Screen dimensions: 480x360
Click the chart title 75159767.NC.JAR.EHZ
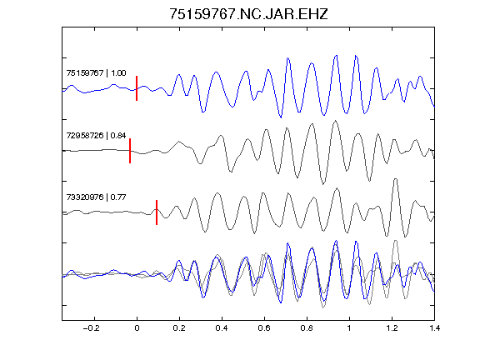[248, 14]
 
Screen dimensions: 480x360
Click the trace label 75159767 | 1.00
[96, 73]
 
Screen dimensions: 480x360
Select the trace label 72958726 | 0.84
[96, 135]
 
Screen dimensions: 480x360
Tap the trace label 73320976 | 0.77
[96, 197]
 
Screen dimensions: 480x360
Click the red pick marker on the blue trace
[137, 88]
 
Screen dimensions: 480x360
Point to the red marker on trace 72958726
[130, 151]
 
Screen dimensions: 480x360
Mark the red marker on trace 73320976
[157, 212]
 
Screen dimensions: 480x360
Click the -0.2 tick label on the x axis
[92, 328]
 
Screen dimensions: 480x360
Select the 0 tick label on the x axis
[137, 328]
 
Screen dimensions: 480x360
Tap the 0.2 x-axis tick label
[179, 328]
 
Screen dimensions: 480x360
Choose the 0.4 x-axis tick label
[222, 328]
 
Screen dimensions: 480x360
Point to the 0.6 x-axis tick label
[264, 328]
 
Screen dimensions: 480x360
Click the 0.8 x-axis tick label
[307, 328]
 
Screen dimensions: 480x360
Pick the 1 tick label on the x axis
[349, 328]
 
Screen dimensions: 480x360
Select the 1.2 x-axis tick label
[392, 328]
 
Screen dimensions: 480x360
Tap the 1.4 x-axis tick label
[434, 328]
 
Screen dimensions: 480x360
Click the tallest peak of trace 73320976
[396, 179]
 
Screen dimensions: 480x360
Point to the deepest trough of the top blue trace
[281, 117]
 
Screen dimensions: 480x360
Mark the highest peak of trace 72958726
[336, 121]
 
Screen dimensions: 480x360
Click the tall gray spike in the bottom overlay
[396, 241]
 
